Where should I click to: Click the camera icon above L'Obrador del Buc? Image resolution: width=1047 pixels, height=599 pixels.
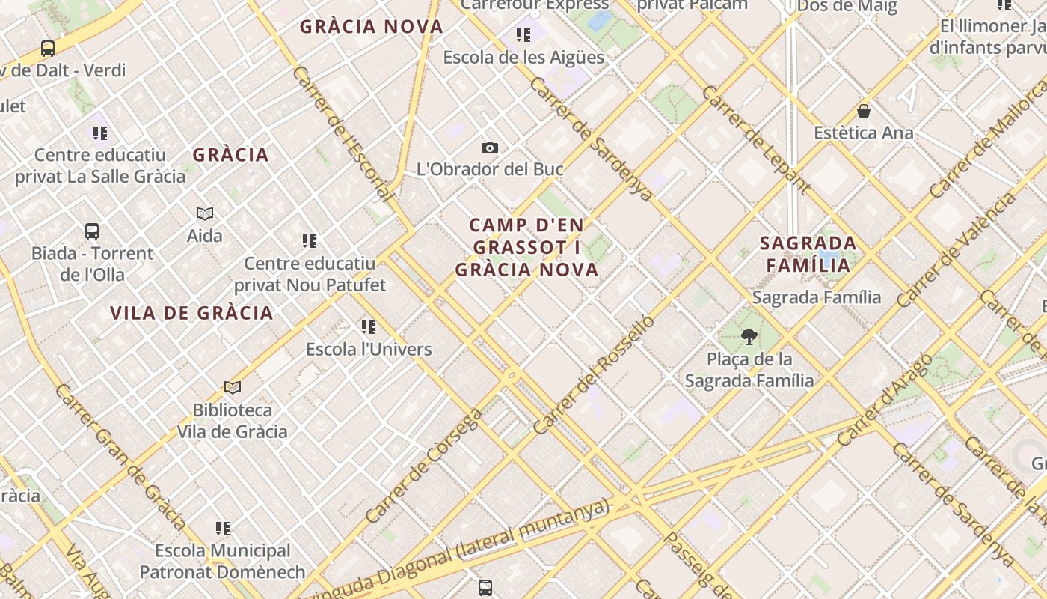(490, 148)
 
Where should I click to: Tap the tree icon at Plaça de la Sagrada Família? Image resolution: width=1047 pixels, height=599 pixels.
(749, 337)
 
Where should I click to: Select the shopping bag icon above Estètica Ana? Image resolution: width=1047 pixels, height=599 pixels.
(864, 112)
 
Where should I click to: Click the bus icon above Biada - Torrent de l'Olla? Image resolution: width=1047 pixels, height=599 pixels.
(92, 231)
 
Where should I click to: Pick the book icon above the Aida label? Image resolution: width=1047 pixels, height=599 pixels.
(205, 214)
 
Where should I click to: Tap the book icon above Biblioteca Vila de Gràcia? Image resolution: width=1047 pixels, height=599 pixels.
(233, 388)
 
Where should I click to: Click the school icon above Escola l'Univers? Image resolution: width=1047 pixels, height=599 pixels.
(369, 326)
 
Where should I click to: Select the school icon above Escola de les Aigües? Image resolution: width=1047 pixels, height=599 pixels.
(523, 35)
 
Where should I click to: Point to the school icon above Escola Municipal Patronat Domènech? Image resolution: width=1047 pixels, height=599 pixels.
(223, 529)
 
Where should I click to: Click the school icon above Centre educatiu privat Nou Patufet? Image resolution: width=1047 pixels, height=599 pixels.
(310, 241)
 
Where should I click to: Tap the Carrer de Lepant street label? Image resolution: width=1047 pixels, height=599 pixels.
(756, 140)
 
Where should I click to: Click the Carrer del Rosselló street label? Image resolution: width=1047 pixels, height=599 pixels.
(595, 375)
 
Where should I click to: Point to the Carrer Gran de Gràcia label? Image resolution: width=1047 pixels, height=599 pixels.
(119, 457)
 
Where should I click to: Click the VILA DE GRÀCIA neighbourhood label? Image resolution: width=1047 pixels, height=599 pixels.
(191, 313)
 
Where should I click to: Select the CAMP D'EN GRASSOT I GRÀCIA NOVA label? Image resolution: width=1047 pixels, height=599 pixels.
(527, 247)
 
